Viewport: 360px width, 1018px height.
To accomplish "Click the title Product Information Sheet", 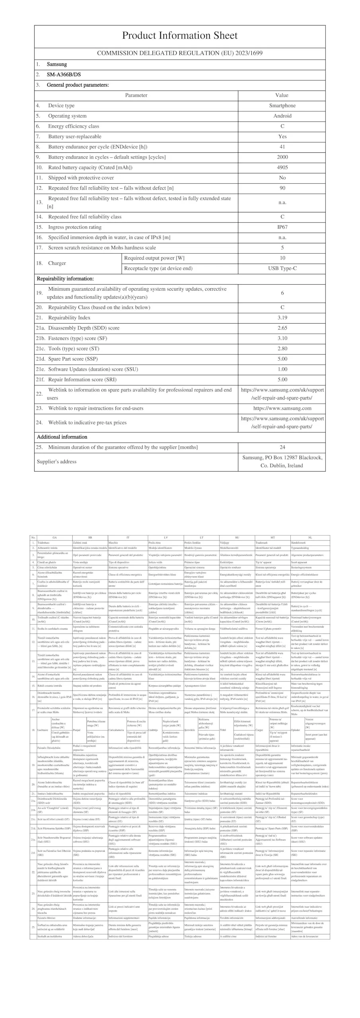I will point(179,35).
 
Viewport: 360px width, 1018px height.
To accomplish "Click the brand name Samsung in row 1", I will point(57,64).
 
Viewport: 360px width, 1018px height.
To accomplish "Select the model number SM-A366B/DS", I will point(64,74).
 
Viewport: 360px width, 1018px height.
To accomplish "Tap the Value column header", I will point(282,95).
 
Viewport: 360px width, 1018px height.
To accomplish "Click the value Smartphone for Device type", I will point(282,105).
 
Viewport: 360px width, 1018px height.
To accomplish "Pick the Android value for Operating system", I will point(282,116).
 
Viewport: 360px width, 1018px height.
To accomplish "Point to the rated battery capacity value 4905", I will point(282,167).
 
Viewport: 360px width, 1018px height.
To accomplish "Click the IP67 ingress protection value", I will point(282,227).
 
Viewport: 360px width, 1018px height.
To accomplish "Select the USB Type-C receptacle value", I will point(282,268).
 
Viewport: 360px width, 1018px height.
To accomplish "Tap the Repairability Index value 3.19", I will point(282,318).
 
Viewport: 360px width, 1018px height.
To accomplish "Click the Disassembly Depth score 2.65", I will point(282,328).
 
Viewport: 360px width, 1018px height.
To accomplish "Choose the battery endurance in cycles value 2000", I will point(282,157).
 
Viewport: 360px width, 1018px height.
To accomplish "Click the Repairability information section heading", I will point(65,279).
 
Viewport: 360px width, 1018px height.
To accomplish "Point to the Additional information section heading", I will point(62,437).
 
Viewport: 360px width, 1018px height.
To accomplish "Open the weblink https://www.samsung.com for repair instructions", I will point(282,408).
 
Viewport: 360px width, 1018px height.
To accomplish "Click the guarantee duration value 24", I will point(282,447).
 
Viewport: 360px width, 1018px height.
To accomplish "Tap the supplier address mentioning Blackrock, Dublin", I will point(282,462).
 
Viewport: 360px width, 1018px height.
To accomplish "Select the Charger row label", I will point(57,263).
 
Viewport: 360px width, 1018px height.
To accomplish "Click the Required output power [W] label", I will point(154,258).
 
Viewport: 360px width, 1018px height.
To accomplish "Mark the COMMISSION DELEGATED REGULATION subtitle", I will point(179,53).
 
